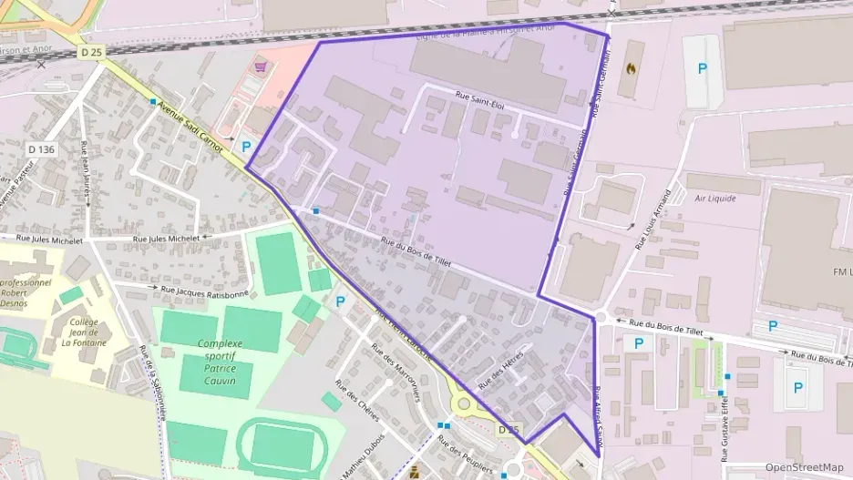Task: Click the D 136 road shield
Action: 42,149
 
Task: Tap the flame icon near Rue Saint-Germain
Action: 630,67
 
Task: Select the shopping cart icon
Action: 261,66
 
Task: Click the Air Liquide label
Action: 714,198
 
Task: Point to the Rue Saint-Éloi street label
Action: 480,105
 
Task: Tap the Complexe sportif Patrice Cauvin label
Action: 216,362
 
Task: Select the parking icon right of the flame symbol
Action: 702,68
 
